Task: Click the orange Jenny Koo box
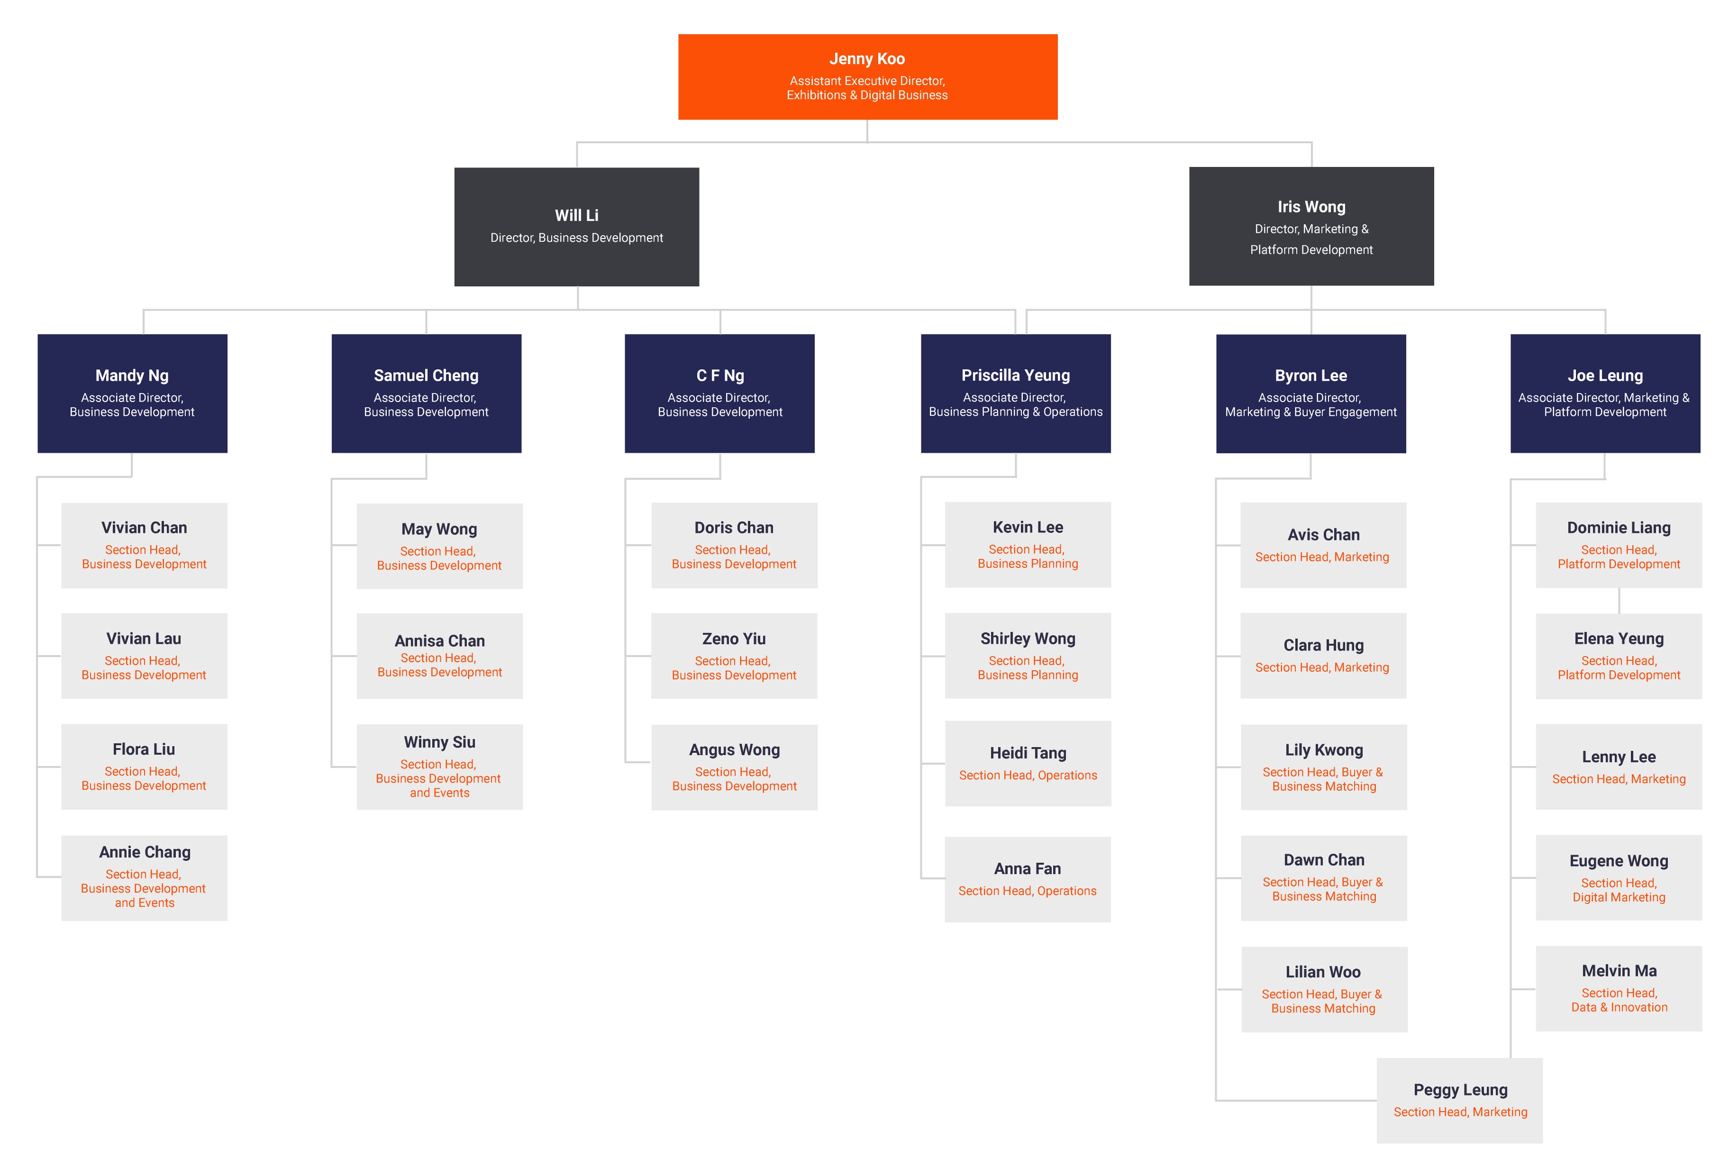pyautogui.click(x=868, y=77)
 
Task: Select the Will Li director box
pyautogui.click(x=577, y=226)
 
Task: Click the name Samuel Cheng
pyautogui.click(x=426, y=376)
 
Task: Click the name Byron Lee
pyautogui.click(x=1310, y=376)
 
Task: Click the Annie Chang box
pyautogui.click(x=144, y=878)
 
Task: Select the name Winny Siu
pyautogui.click(x=439, y=742)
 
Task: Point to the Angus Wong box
pyautogui.click(x=734, y=767)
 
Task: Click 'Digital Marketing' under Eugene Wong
pyautogui.click(x=1619, y=897)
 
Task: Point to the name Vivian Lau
pyautogui.click(x=144, y=638)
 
